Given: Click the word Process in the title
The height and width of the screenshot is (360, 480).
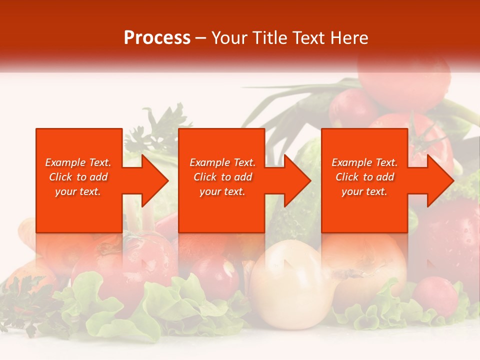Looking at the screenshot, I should pyautogui.click(x=157, y=38).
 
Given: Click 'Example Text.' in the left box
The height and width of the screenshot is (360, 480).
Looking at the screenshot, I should pyautogui.click(x=78, y=162).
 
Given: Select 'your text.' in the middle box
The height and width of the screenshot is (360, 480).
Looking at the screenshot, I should pyautogui.click(x=222, y=191).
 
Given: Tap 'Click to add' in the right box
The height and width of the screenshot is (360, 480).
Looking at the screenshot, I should pyautogui.click(x=364, y=177).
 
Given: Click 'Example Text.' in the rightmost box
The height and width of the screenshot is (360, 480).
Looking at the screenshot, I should pyautogui.click(x=364, y=162).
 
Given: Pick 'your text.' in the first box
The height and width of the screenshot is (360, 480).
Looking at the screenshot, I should pyautogui.click(x=78, y=191).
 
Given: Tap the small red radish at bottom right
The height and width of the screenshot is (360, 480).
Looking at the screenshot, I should pyautogui.click(x=436, y=295).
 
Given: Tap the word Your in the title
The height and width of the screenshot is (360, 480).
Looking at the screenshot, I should pyautogui.click(x=229, y=38).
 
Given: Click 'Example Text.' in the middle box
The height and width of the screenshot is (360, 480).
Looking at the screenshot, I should pyautogui.click(x=222, y=162).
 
